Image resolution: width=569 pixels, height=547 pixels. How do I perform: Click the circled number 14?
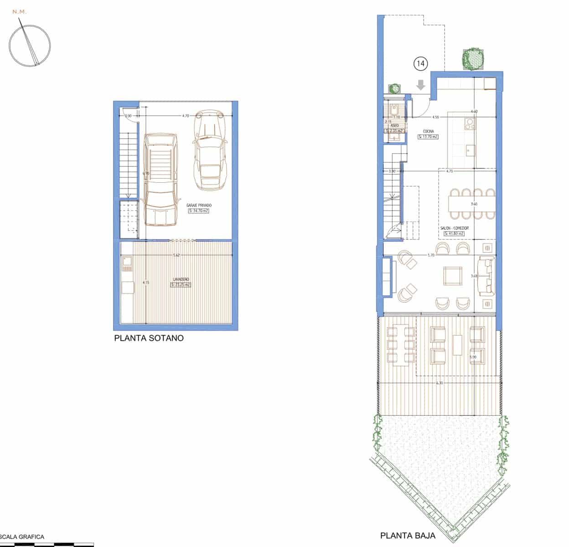(420, 64)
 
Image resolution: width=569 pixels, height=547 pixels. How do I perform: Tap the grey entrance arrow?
(420, 85)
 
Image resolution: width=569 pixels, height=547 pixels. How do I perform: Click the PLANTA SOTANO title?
(149, 338)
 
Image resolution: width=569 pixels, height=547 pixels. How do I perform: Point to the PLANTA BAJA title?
(408, 536)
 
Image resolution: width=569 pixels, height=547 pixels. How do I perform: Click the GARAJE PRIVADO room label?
(199, 206)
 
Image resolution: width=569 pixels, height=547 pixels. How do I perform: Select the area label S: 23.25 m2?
(181, 285)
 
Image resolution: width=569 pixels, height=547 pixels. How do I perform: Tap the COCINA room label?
(428, 131)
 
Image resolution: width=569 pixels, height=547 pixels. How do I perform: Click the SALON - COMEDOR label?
(454, 228)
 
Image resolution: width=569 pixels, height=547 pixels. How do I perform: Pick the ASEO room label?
(395, 125)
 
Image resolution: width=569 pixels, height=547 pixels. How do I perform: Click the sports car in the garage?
(210, 150)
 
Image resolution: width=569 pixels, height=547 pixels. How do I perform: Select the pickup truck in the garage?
(160, 180)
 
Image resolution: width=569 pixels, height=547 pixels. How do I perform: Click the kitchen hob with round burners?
(469, 124)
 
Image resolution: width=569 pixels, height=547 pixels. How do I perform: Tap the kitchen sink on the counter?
(470, 149)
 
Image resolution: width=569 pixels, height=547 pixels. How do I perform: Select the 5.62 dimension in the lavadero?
(176, 255)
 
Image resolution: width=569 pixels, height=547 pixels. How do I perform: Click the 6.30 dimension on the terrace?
(440, 383)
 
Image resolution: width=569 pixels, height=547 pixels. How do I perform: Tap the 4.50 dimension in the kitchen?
(435, 117)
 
